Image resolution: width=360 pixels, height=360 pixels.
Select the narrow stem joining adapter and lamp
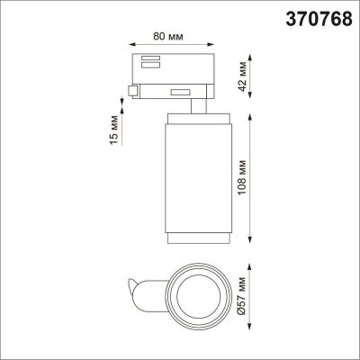(x=193, y=109)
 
